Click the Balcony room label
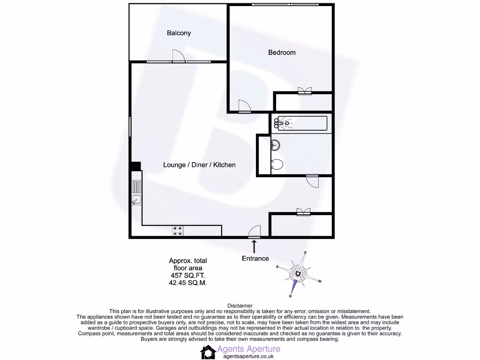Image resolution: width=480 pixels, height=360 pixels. pos(179,33)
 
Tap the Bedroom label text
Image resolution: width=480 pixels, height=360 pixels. pos(282,52)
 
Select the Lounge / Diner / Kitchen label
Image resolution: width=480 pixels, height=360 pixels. pos(199,165)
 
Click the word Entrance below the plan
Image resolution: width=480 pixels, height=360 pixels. pos(255,258)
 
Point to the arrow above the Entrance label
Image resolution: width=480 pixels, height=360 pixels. pos(255,246)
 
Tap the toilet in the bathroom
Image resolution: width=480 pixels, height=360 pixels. pos(277,165)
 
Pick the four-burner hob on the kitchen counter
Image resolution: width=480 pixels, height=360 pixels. pos(178,231)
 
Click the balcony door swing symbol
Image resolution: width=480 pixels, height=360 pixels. pos(179,56)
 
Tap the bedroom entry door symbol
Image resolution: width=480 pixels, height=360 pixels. pos(244,107)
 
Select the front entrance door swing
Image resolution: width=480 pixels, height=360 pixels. pos(254,232)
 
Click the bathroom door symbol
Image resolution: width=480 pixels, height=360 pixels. pos(312,181)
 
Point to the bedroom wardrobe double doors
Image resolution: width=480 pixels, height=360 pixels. pos(304,91)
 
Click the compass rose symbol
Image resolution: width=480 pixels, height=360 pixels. pos(298,274)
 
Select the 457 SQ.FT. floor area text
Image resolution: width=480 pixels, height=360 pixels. pos(187,276)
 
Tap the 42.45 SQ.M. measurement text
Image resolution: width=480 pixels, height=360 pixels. pos(187,283)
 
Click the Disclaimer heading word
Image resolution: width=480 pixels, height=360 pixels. pos(240,306)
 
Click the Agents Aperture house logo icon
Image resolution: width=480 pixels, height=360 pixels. pos(208,352)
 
